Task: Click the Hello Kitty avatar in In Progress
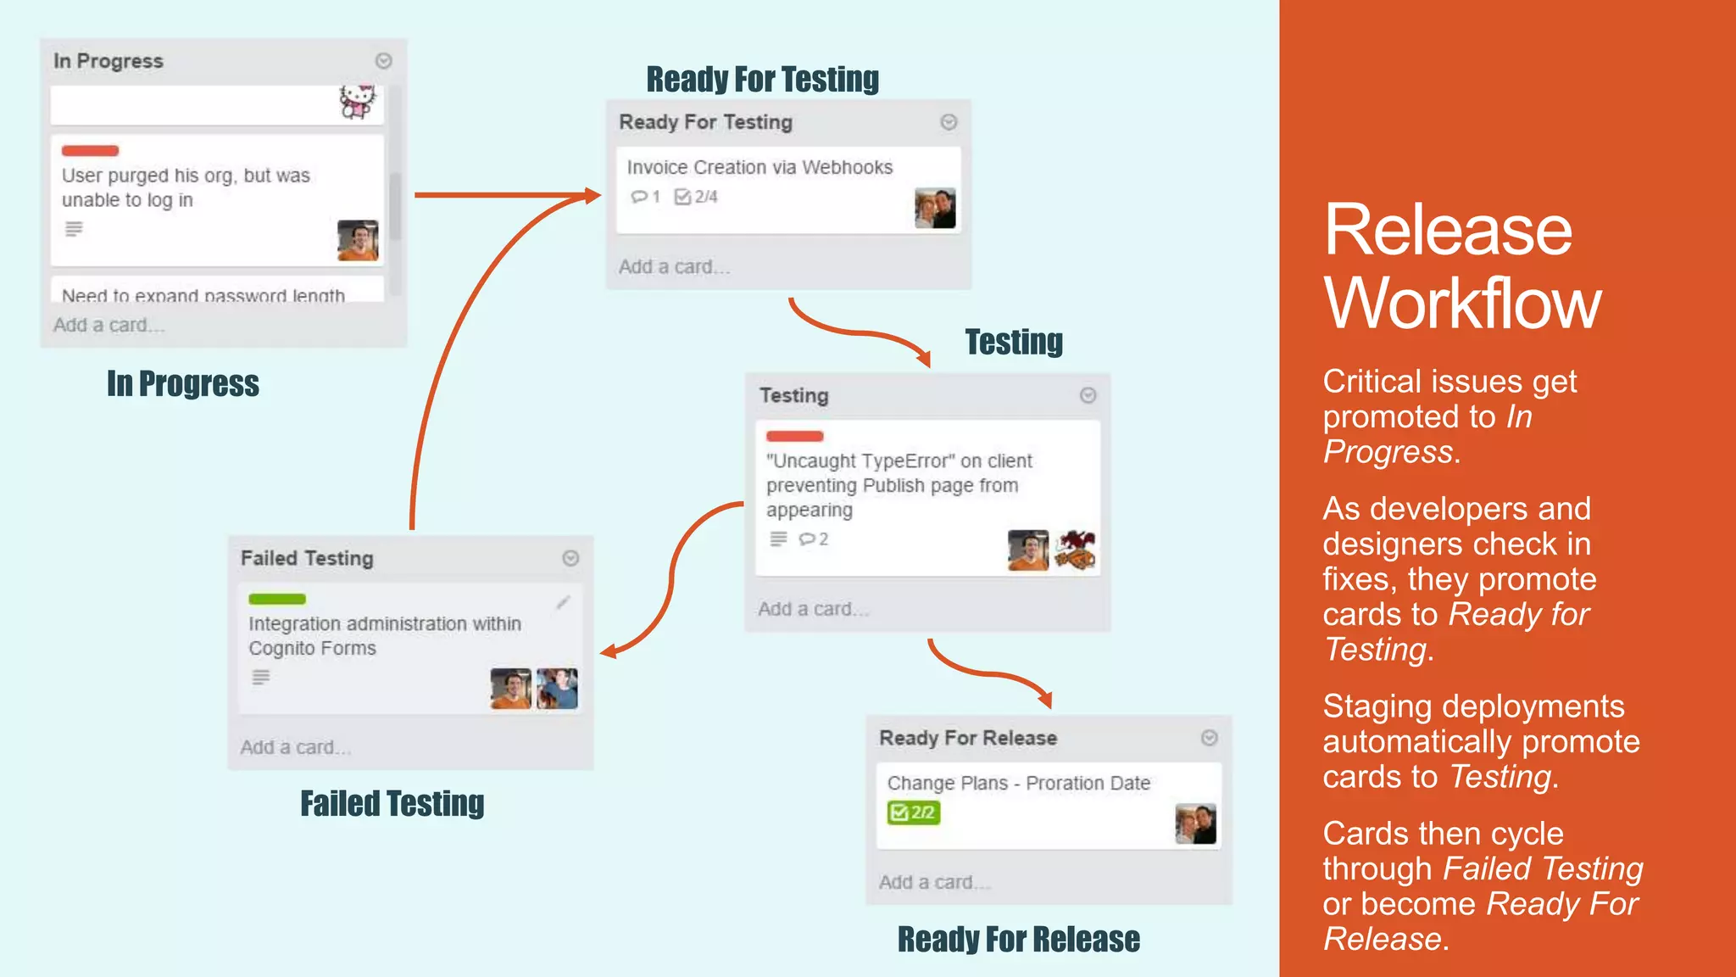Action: coord(357,102)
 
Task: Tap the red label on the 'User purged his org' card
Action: coord(90,151)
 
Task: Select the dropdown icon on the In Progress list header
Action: coord(383,61)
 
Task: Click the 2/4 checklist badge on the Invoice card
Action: coord(696,197)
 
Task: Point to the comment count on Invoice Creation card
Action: coord(645,197)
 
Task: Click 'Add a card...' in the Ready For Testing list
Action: coord(674,267)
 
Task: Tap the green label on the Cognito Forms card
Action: coord(276,599)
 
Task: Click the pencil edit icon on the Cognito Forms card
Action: coord(563,602)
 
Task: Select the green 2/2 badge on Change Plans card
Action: coord(913,812)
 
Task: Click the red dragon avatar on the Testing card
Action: coord(1075,550)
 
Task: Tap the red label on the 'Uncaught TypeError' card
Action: coord(794,436)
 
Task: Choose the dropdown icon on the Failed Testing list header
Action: coord(570,558)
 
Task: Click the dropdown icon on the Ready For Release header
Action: coord(1210,738)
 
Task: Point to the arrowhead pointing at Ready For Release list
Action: coord(1046,699)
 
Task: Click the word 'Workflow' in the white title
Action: coord(1462,304)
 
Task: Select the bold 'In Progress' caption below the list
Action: coord(183,383)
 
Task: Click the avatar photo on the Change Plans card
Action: coord(1195,824)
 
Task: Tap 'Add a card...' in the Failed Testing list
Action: coord(295,747)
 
